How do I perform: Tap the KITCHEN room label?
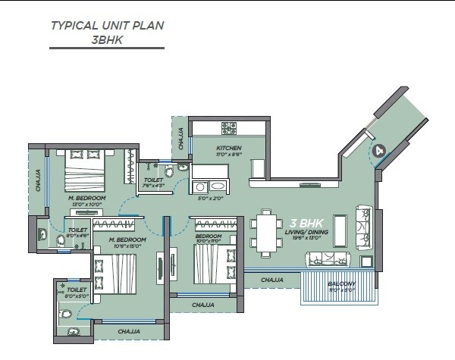[228, 147]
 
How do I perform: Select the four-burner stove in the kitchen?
[229, 127]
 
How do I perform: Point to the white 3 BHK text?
[306, 224]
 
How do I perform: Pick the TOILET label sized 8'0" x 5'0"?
[76, 290]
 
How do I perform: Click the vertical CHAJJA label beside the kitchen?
[180, 137]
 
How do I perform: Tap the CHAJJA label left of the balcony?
[271, 280]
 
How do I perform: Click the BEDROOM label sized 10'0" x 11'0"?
[208, 236]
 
